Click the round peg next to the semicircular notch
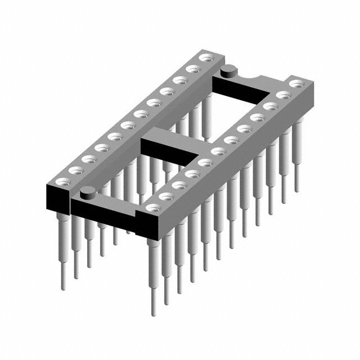tap(228, 71)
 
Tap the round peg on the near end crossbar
tap(87, 195)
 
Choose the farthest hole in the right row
tap(295, 84)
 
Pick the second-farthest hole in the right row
tap(283, 96)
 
